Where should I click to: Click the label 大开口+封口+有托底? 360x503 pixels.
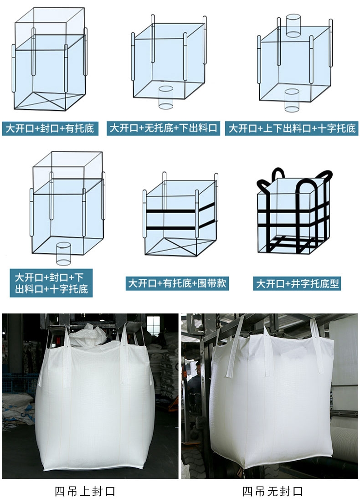[50, 128]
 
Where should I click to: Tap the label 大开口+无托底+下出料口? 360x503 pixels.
[163, 128]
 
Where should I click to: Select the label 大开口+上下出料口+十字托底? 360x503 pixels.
[292, 128]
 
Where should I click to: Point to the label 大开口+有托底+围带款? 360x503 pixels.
[177, 283]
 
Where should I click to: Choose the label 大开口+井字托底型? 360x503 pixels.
[297, 283]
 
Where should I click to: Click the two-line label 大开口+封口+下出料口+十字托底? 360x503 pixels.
[51, 283]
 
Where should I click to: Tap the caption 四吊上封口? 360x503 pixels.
[85, 491]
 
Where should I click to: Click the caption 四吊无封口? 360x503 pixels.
[273, 491]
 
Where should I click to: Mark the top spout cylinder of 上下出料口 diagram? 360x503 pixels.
[293, 26]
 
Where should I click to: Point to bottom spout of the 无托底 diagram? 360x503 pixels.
[166, 97]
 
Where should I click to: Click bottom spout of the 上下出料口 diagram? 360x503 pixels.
[292, 100]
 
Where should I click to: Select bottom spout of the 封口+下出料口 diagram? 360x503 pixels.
[63, 253]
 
